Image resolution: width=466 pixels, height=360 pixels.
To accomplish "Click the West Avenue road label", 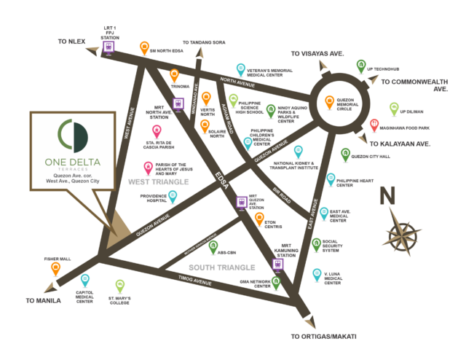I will click(130, 123).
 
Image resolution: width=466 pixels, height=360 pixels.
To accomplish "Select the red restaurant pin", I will click(374, 125).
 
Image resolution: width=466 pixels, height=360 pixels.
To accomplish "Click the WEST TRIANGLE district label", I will click(158, 181).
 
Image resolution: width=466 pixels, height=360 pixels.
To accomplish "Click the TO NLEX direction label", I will click(72, 42).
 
